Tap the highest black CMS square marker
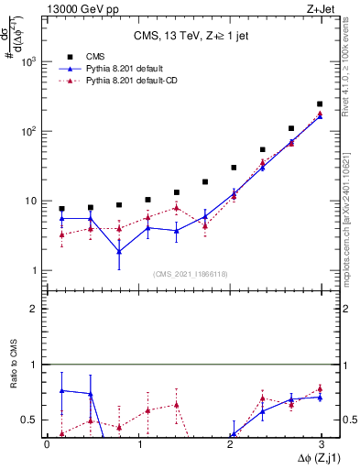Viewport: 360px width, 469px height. (x=320, y=104)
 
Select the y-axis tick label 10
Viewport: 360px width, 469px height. (x=31, y=201)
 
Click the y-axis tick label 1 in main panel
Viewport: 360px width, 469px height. (x=35, y=270)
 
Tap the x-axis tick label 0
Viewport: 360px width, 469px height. (x=47, y=444)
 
